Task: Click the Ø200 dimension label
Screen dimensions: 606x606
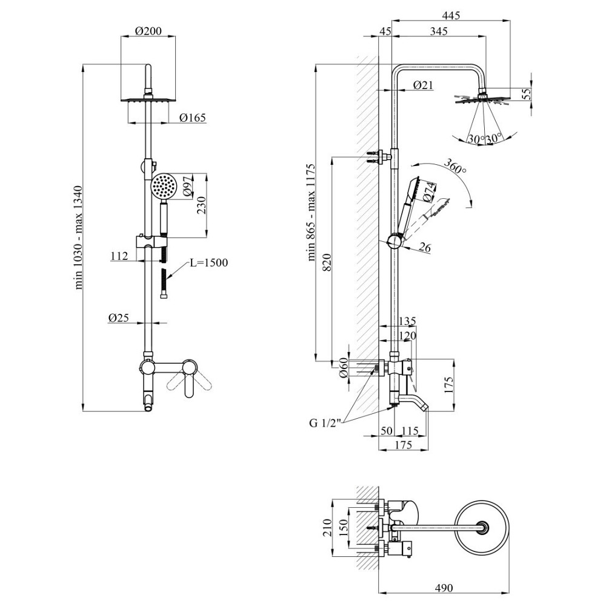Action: (x=148, y=30)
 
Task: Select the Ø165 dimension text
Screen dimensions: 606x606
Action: (x=193, y=118)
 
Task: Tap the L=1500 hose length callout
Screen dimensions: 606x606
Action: (x=208, y=263)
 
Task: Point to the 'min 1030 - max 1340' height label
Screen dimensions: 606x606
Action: (x=78, y=238)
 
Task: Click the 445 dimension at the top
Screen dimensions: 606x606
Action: (x=451, y=15)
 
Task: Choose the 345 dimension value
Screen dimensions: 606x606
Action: (x=439, y=31)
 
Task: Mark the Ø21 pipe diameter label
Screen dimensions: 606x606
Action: (x=423, y=85)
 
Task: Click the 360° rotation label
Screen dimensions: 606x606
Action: (x=455, y=166)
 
